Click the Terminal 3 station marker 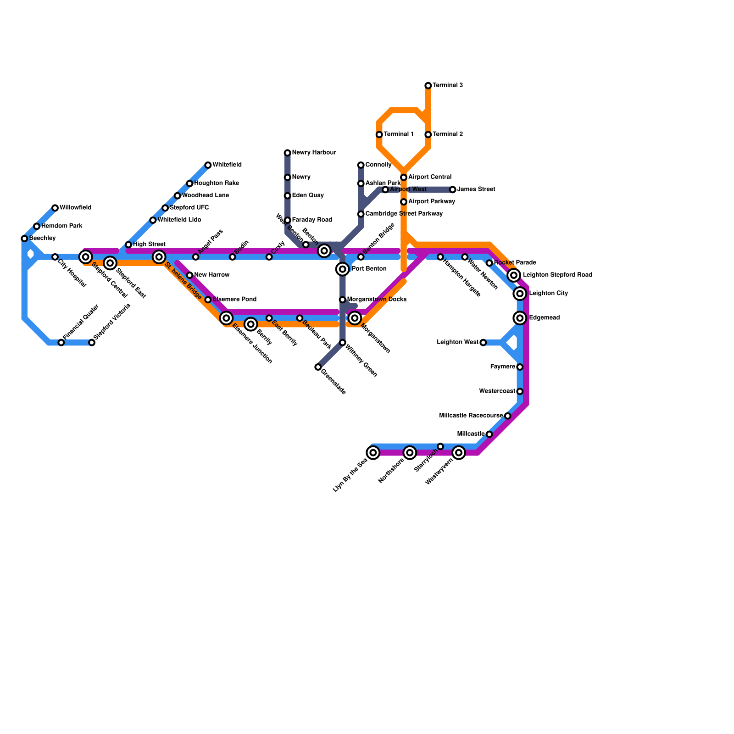pyautogui.click(x=428, y=86)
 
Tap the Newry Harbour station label pyautogui.click(x=314, y=153)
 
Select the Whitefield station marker pyautogui.click(x=208, y=165)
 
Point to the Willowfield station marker pyautogui.click(x=55, y=208)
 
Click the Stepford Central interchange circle pyautogui.click(x=85, y=257)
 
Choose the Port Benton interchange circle pyautogui.click(x=342, y=269)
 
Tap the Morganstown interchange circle pyautogui.click(x=355, y=318)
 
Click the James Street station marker pyautogui.click(x=452, y=189)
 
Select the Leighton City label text pyautogui.click(x=548, y=294)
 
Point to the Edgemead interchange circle pyautogui.click(x=520, y=318)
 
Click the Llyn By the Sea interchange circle pyautogui.click(x=373, y=453)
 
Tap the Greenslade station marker pyautogui.click(x=318, y=367)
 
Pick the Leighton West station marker pyautogui.click(x=483, y=343)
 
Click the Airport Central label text pyautogui.click(x=429, y=177)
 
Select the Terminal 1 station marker pyautogui.click(x=379, y=134)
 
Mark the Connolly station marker pyautogui.click(x=361, y=165)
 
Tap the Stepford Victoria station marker pyautogui.click(x=92, y=343)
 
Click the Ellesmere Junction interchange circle pyautogui.click(x=226, y=318)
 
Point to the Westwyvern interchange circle pyautogui.click(x=459, y=453)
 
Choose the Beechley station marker pyautogui.click(x=24, y=239)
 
